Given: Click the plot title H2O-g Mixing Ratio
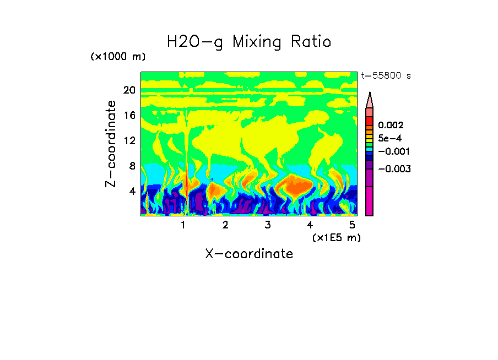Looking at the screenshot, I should coord(249,42).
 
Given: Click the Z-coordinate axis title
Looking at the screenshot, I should coord(111,144).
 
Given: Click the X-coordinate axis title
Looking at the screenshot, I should coord(249,254).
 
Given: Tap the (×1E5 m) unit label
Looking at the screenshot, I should coord(336,237).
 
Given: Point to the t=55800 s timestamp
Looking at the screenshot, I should coord(385,76).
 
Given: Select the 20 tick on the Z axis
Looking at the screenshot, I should coord(129,90).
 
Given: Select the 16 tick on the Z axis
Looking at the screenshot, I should coord(129,116).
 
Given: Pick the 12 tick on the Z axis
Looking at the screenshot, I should coord(129,140).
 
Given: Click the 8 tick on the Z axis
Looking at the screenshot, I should coord(132,166).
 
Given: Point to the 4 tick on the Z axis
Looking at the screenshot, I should coord(132,191).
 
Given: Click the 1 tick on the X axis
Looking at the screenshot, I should coord(183,225).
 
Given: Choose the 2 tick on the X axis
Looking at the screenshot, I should coord(225,225).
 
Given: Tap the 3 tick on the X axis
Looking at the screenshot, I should coord(267,225).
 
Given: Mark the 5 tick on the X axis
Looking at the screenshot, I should coord(352,225).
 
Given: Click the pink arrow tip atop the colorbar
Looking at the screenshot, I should coord(370,99).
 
